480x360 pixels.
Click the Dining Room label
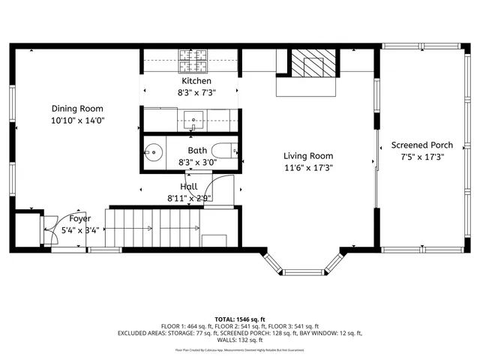77,109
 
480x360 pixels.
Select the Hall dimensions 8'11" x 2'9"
189,199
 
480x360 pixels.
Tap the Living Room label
307,156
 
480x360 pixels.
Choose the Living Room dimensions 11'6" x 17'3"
307,168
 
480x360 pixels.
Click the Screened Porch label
421,145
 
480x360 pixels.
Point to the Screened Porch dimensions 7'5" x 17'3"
421,157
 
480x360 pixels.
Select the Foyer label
80,219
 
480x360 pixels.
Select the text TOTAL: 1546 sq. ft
240,319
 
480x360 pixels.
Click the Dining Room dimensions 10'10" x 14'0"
77,120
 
